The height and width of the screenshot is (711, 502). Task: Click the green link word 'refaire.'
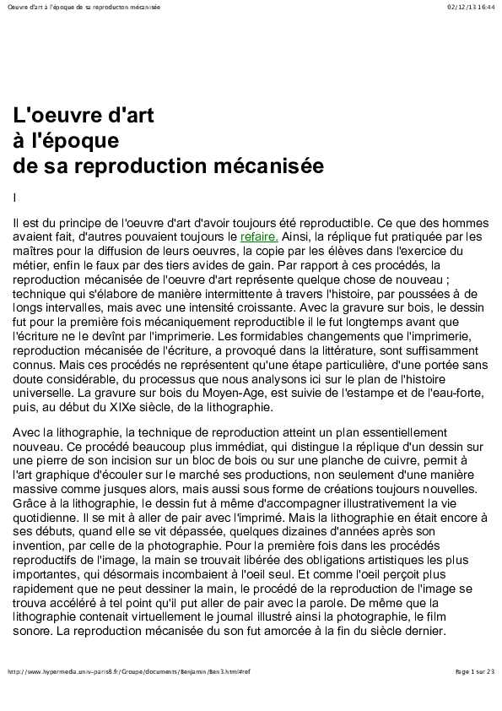click(x=259, y=237)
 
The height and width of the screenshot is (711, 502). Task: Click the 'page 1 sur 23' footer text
click(x=474, y=671)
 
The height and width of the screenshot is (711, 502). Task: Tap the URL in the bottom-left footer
click(x=128, y=671)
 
